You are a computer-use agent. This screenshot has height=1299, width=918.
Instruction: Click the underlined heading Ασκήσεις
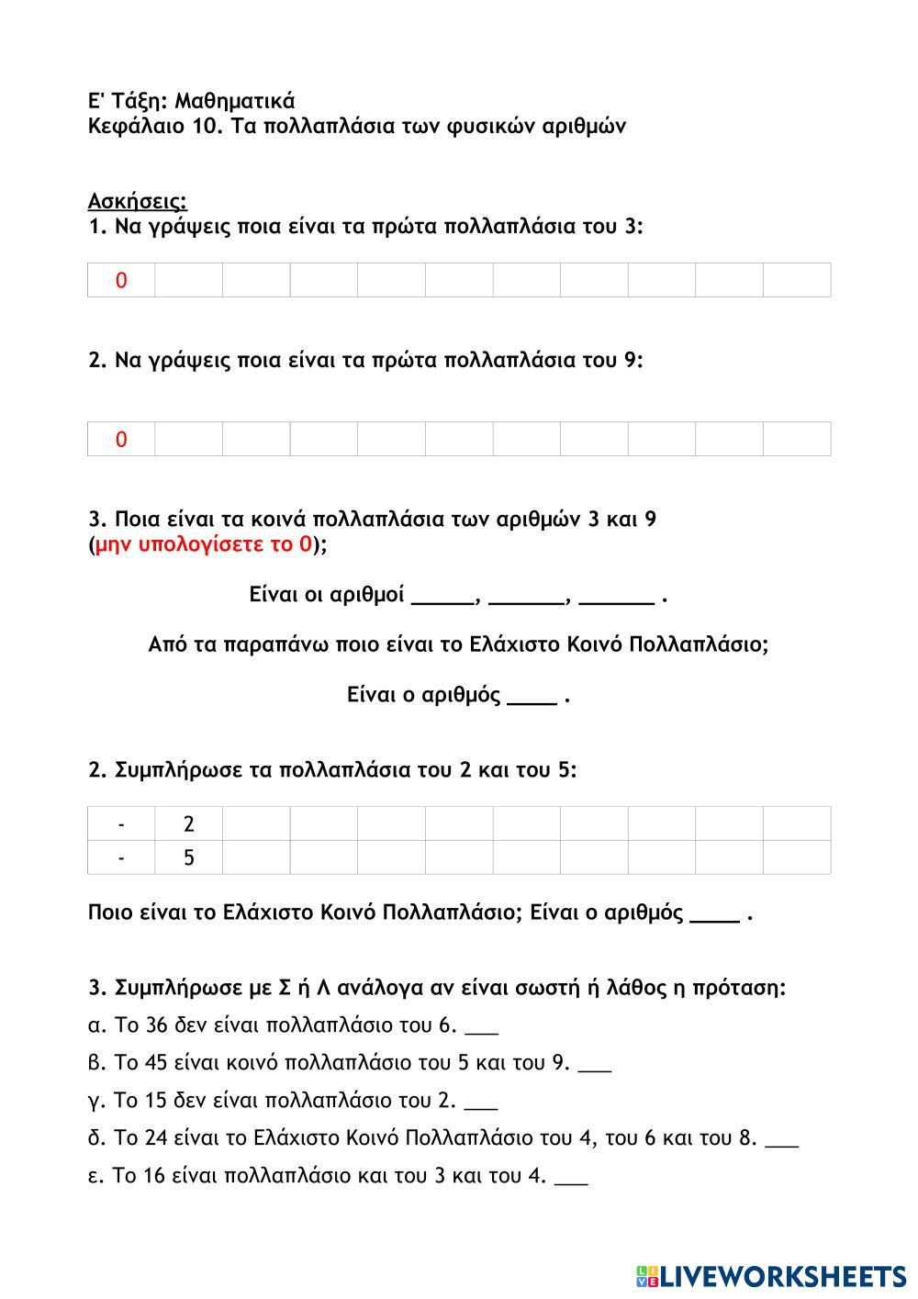tap(138, 201)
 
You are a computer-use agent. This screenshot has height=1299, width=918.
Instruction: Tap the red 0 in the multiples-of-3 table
tap(121, 281)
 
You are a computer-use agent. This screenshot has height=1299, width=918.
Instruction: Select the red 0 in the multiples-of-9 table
tap(121, 440)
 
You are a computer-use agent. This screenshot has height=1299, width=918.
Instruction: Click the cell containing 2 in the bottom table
tap(189, 823)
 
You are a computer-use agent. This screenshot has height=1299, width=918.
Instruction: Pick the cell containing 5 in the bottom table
tap(189, 857)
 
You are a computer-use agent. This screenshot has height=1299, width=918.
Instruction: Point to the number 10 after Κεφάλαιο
tap(204, 127)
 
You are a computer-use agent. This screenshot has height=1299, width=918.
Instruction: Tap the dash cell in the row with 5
tap(121, 857)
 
